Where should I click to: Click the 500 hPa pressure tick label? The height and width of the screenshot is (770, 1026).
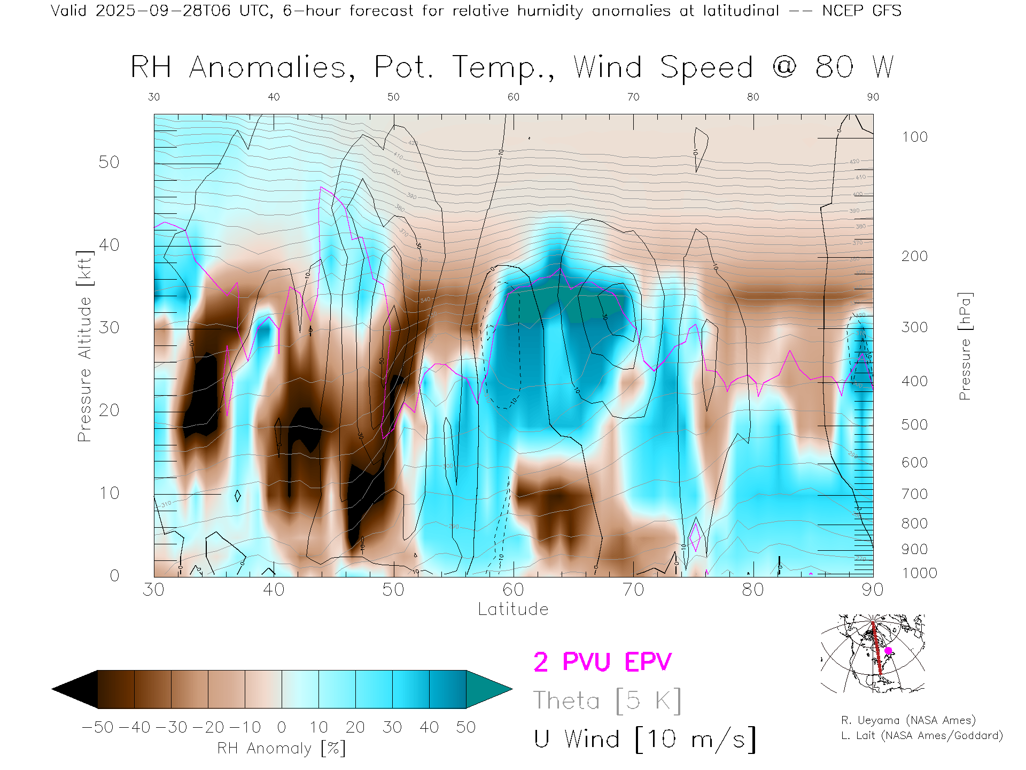click(914, 425)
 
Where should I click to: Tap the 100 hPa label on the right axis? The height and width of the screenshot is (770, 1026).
click(914, 137)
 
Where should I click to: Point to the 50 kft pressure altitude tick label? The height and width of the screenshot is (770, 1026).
click(109, 162)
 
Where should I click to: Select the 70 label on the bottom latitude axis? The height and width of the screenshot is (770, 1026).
click(633, 589)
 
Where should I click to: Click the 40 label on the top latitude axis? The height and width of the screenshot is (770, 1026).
click(274, 97)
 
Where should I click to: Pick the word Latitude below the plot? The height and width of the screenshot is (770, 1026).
click(513, 609)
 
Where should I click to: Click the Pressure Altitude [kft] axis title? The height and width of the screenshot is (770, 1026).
click(84, 346)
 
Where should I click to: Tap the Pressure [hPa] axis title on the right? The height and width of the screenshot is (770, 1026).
click(965, 346)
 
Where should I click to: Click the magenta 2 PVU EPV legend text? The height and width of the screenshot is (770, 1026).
click(602, 662)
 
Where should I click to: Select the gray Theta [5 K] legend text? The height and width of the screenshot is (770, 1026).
click(607, 700)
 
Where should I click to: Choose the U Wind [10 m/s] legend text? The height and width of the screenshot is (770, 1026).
click(644, 739)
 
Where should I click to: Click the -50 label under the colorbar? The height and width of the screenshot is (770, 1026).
click(98, 727)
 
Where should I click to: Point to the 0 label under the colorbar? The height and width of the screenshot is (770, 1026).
click(282, 727)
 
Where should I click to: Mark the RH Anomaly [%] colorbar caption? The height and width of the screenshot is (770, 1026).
click(282, 748)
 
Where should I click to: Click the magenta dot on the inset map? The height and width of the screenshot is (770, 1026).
click(888, 651)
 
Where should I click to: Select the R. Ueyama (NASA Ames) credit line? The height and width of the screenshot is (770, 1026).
click(908, 720)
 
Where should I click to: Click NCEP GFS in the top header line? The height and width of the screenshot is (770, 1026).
click(861, 11)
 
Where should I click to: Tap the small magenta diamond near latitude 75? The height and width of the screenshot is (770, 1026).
click(695, 536)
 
